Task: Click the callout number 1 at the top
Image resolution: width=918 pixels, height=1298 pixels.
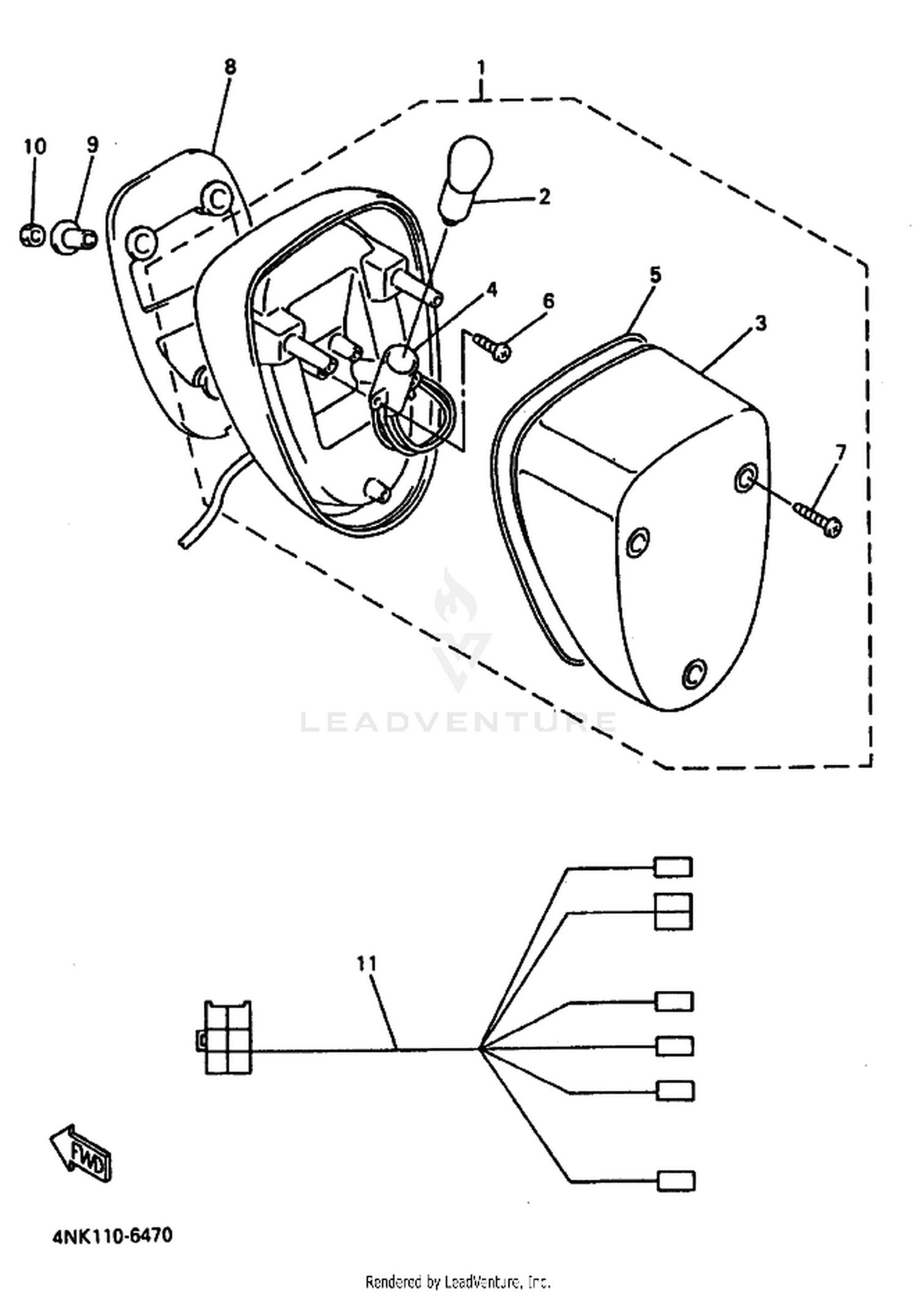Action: [x=482, y=67]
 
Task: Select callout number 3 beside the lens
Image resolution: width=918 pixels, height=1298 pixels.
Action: [x=761, y=324]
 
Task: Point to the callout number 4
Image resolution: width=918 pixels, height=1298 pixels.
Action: [x=491, y=290]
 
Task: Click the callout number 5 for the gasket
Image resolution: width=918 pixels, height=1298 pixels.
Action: [x=655, y=275]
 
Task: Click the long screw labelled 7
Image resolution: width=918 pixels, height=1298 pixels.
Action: [x=818, y=517]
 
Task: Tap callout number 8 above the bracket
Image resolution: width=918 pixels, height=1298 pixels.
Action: [x=229, y=67]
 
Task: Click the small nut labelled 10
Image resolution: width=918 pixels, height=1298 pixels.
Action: [x=32, y=235]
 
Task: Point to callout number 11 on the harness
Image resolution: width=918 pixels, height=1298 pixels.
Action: [x=367, y=964]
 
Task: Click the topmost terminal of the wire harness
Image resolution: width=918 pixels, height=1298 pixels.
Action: [x=673, y=867]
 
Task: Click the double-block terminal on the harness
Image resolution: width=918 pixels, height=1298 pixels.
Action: [x=674, y=911]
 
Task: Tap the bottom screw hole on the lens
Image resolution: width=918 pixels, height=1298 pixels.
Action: [x=694, y=673]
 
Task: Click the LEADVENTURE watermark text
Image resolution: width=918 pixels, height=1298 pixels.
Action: [x=458, y=722]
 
